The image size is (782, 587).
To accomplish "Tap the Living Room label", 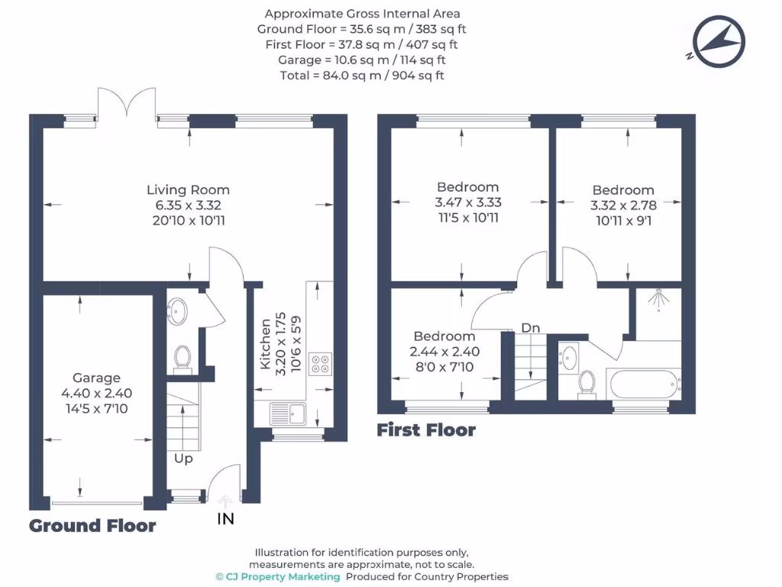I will [188, 190].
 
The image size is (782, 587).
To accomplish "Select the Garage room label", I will [96, 378].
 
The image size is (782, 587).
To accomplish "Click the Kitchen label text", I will [265, 344].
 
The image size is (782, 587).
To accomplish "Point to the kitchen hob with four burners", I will [320, 365].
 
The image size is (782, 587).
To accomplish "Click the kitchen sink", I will [287, 415].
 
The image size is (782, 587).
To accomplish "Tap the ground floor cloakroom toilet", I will [183, 358].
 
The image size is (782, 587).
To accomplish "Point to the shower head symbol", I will [655, 300].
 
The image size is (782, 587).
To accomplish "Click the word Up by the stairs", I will [183, 459].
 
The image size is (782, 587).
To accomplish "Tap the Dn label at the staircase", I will [531, 328].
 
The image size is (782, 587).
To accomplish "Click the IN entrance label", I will [225, 519].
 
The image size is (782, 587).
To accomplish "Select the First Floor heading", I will [426, 430].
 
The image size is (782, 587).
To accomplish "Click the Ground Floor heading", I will [92, 526].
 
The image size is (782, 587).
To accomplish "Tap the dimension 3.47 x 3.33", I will [467, 203].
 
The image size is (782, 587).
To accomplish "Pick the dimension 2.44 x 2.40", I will [444, 352].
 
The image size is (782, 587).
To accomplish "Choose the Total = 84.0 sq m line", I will [362, 75].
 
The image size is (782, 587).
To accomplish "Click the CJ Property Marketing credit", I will [277, 576].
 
